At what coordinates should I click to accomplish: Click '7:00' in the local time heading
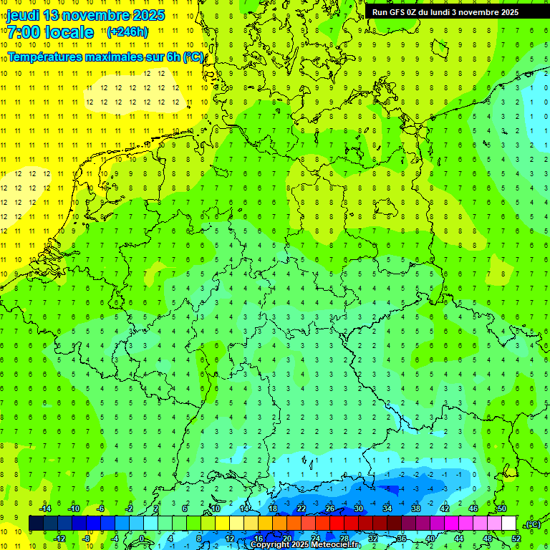pyautogui.click(x=22, y=32)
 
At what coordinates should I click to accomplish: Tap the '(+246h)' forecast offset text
pyautogui.click(x=127, y=32)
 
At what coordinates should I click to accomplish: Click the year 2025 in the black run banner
pyautogui.click(x=506, y=11)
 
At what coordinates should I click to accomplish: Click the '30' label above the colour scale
pyautogui.click(x=359, y=508)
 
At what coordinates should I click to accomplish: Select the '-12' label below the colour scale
pyautogui.click(x=59, y=538)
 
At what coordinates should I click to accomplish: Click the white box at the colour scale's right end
pyautogui.click(x=509, y=524)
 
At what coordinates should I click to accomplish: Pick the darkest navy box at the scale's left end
pyautogui.click(x=36, y=524)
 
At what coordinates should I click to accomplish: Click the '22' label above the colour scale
pyautogui.click(x=301, y=508)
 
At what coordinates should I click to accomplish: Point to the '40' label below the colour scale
pyautogui.click(x=430, y=538)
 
